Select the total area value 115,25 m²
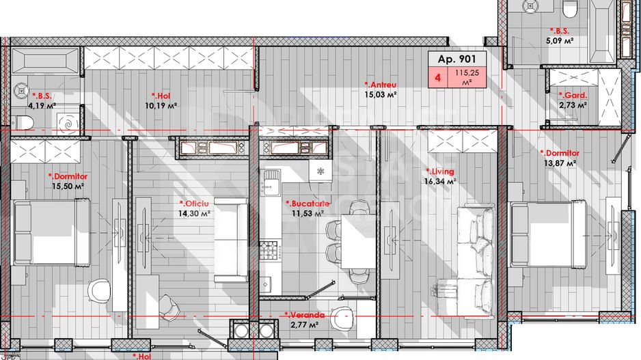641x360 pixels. (x=467, y=77)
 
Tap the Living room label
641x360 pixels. (x=441, y=171)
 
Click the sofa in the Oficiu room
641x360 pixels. (x=231, y=240)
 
